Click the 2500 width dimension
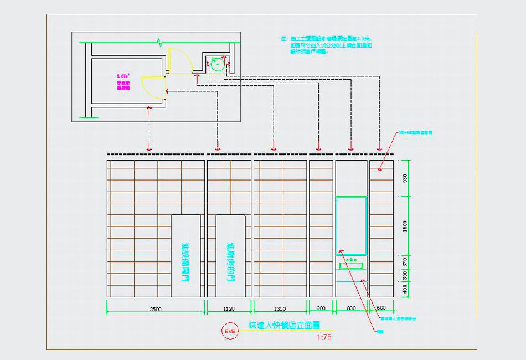click(156, 310)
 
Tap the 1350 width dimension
click(280, 310)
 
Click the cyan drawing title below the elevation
click(284, 326)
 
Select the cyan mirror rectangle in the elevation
click(351, 225)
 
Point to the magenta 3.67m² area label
click(123, 75)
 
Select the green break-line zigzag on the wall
click(160, 42)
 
